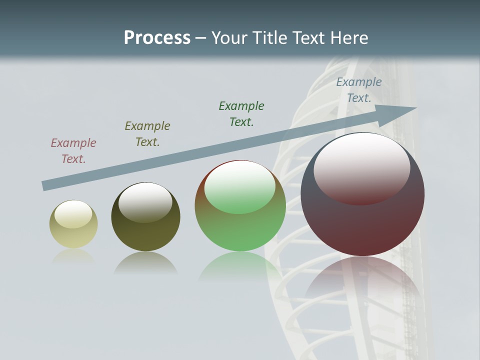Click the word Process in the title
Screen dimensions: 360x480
click(157, 38)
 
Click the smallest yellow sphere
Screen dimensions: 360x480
click(73, 224)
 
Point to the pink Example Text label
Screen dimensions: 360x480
click(73, 151)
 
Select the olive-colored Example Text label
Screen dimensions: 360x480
click(147, 134)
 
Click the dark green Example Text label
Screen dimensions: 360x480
click(241, 113)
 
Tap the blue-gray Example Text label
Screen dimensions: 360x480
click(359, 90)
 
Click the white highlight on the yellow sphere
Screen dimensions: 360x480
click(73, 214)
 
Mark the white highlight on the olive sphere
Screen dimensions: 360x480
click(145, 202)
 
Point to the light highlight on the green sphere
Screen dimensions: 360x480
click(240, 187)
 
